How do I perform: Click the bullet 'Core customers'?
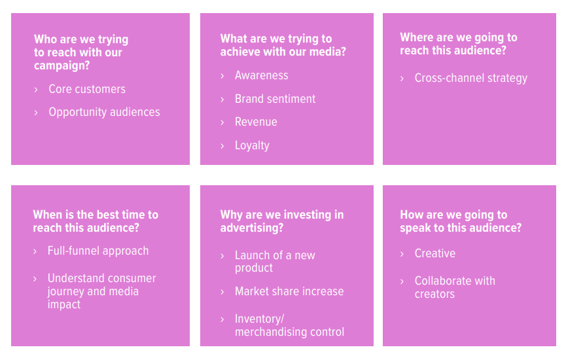(87, 89)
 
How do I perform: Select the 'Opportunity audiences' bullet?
(104, 112)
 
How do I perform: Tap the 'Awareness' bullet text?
(261, 75)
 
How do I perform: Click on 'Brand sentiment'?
(275, 99)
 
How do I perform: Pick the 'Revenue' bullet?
(256, 122)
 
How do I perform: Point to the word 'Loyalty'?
(252, 145)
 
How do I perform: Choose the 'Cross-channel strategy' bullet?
(470, 78)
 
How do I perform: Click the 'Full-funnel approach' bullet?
(98, 251)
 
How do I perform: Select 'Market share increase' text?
(289, 291)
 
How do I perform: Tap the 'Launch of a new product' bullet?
(275, 261)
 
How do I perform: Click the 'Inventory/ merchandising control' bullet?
(289, 325)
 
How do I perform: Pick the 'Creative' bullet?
(434, 253)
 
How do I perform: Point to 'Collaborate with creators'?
(455, 287)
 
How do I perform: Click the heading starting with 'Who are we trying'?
(81, 52)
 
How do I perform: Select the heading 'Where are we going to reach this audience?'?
(458, 44)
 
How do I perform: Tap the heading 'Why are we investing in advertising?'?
(281, 221)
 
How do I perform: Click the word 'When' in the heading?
(47, 215)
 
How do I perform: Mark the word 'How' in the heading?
(412, 215)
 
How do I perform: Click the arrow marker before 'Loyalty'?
(222, 145)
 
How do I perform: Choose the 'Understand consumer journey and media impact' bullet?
(101, 291)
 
